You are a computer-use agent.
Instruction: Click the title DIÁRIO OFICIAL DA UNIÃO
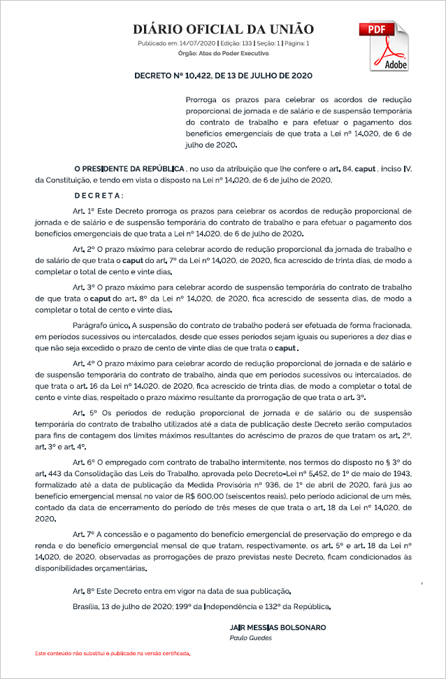pyautogui.click(x=223, y=29)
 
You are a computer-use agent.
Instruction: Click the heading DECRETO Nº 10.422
pyautogui.click(x=223, y=74)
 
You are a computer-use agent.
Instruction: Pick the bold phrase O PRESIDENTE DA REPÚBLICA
pyautogui.click(x=129, y=169)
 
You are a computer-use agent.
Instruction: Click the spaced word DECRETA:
pyautogui.click(x=99, y=195)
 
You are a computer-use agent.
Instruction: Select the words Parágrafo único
pyautogui.click(x=101, y=325)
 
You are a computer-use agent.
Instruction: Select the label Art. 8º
pyautogui.click(x=83, y=592)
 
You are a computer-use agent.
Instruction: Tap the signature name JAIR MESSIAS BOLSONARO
pyautogui.click(x=277, y=627)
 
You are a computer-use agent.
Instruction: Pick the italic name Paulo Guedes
pyautogui.click(x=250, y=638)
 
